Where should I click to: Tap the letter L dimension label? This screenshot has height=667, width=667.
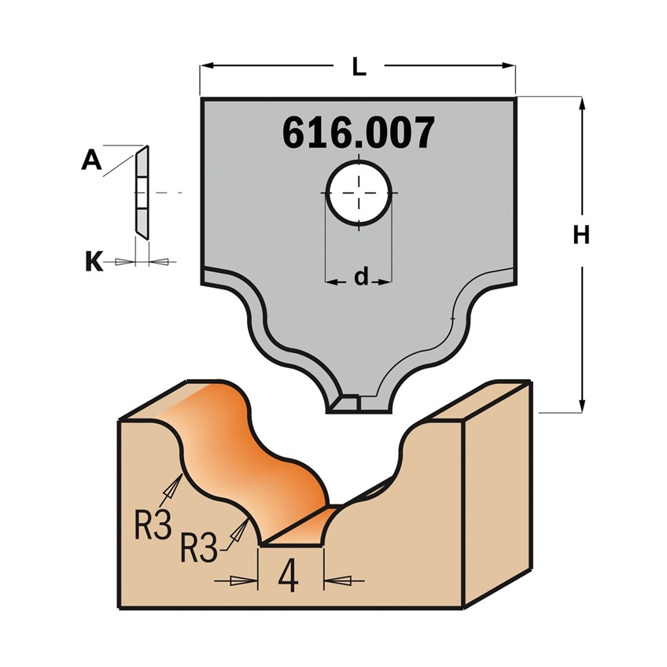click(359, 66)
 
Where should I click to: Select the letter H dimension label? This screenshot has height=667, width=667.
click(581, 234)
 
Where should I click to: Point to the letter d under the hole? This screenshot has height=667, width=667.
click(361, 278)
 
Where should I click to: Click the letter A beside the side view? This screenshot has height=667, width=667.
click(92, 160)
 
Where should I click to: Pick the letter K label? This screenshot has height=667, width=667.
click(94, 261)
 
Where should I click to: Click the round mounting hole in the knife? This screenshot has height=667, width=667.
click(359, 193)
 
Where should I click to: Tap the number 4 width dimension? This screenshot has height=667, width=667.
click(288, 575)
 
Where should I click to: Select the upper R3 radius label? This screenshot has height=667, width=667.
click(153, 525)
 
